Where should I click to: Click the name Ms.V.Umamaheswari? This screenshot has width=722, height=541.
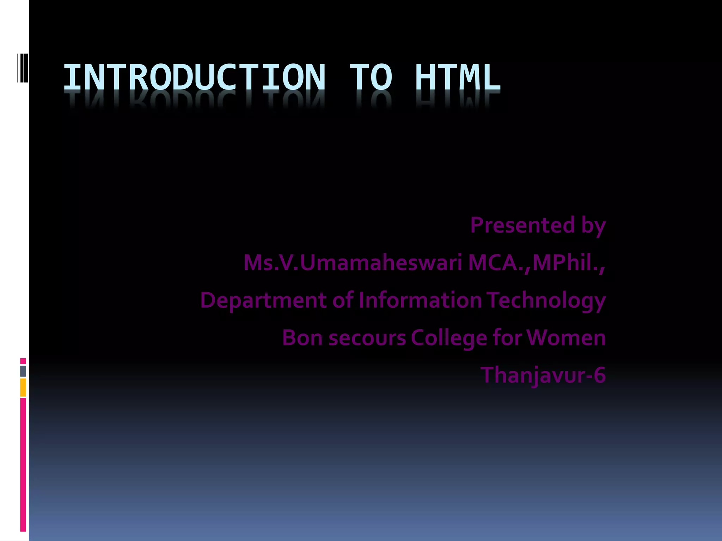coord(353,263)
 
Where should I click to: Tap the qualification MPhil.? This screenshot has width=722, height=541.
coord(569,263)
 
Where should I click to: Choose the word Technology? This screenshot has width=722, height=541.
coord(546,300)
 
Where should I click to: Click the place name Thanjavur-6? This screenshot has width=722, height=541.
coord(543,375)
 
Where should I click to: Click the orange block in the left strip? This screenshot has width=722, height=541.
coord(23,387)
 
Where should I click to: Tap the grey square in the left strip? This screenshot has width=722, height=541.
coord(23,371)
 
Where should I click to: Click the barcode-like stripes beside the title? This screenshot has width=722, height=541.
coord(23,68)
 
